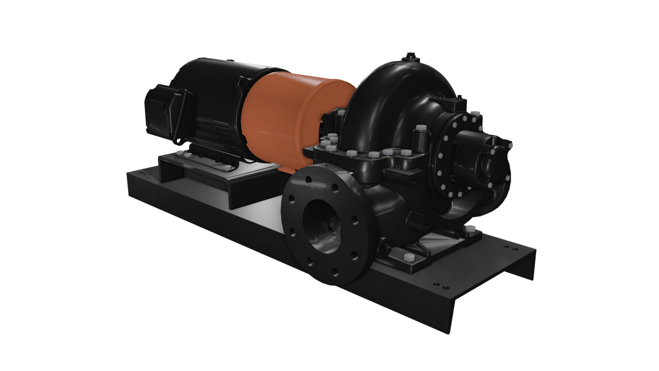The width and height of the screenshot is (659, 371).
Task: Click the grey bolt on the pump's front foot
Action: (407, 258)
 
